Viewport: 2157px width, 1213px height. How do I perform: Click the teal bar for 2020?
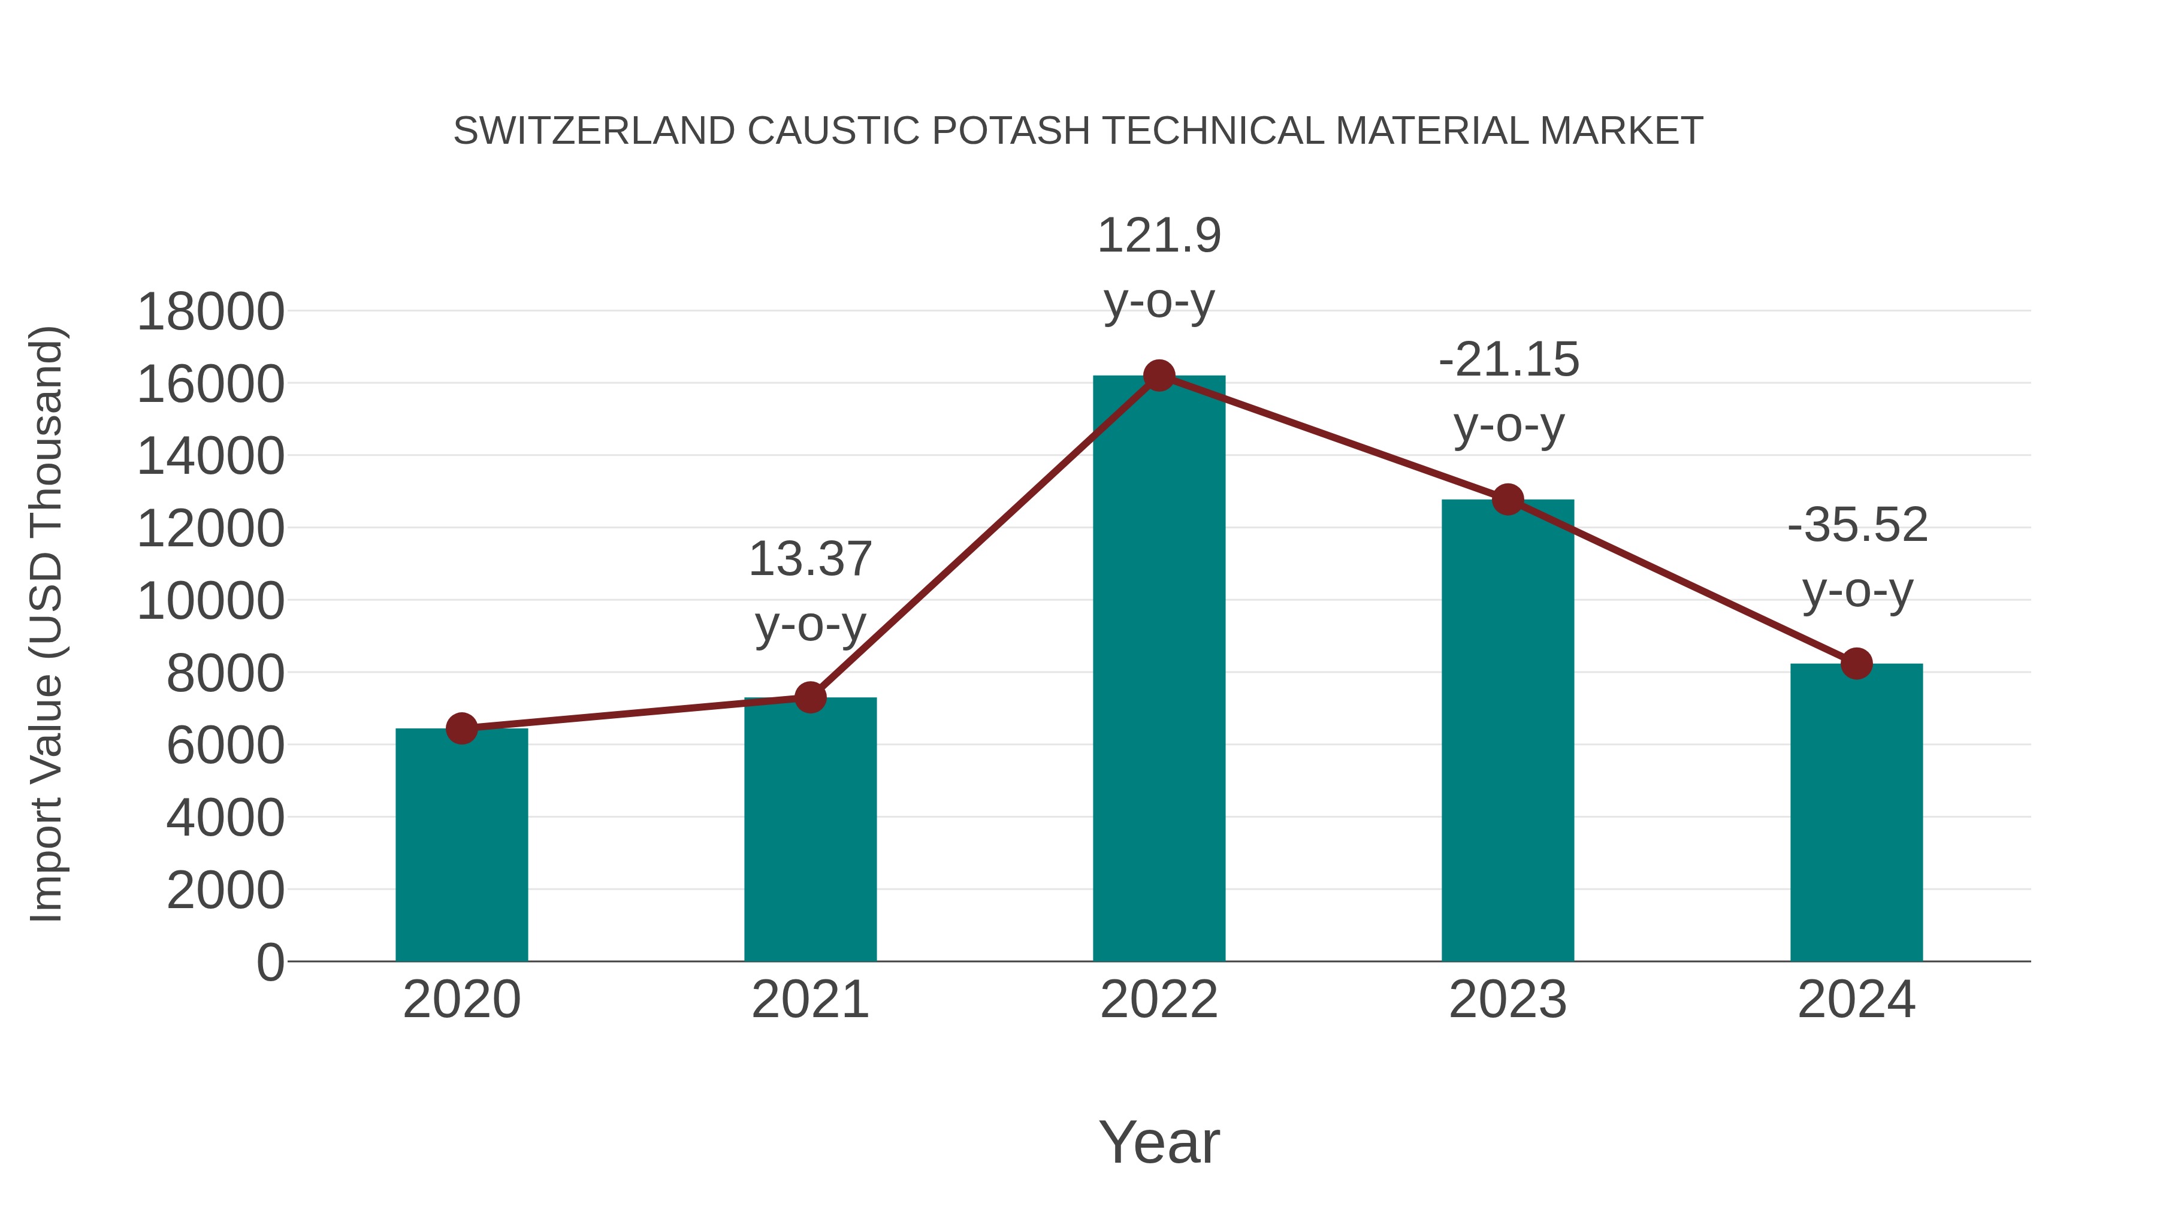(461, 845)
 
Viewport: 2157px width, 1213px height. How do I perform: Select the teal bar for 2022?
(1159, 670)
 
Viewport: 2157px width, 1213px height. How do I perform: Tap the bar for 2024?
(1856, 812)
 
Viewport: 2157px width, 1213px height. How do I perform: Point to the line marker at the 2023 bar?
(1508, 500)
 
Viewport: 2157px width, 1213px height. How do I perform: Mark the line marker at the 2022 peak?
(1159, 376)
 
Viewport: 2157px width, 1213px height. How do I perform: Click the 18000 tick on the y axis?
(210, 311)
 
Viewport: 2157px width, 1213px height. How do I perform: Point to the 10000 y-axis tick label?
(210, 601)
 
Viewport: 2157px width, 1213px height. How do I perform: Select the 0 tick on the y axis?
(270, 962)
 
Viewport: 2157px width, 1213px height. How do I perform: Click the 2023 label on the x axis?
(1508, 1000)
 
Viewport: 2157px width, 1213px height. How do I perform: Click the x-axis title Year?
(1159, 1142)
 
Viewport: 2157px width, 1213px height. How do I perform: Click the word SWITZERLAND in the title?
(594, 131)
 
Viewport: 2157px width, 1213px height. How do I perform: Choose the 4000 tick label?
(225, 818)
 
